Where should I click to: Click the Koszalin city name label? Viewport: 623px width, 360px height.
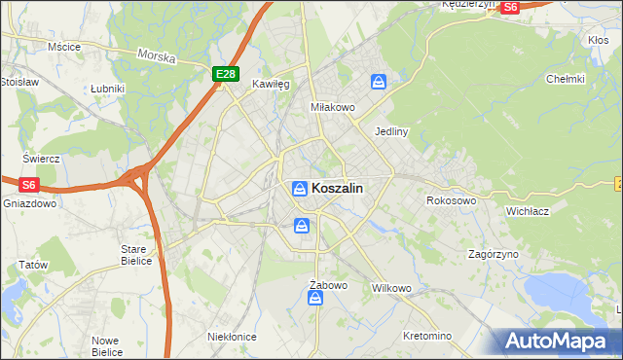(x=338, y=189)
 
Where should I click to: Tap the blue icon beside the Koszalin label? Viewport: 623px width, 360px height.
(x=301, y=188)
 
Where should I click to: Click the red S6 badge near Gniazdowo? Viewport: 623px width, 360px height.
(x=28, y=183)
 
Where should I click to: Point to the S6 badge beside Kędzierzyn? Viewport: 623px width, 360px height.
(x=509, y=7)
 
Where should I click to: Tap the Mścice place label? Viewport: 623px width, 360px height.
(x=63, y=46)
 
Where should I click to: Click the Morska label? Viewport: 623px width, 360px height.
(x=157, y=56)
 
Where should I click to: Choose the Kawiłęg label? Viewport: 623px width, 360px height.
(x=272, y=85)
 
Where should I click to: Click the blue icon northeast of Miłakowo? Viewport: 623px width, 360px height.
(x=378, y=84)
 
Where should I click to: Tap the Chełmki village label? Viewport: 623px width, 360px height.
(x=565, y=79)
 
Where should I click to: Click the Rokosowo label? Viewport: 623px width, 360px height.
(x=451, y=200)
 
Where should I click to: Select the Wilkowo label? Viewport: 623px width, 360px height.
(x=392, y=289)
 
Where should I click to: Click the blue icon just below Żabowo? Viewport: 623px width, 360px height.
(x=315, y=300)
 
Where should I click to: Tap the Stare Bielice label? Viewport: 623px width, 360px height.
(x=135, y=255)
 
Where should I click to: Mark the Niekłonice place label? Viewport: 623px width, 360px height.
(x=232, y=336)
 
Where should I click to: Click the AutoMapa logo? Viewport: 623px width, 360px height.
(x=556, y=341)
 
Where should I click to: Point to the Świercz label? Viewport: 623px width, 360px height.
(x=42, y=159)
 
